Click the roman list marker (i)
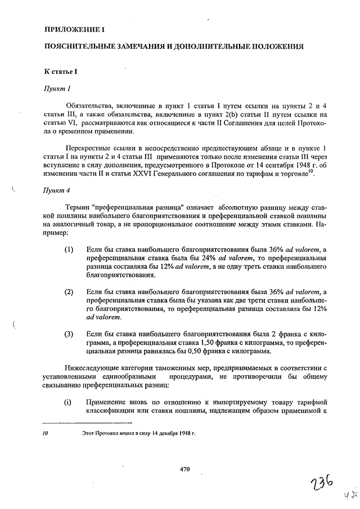tap(68, 403)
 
